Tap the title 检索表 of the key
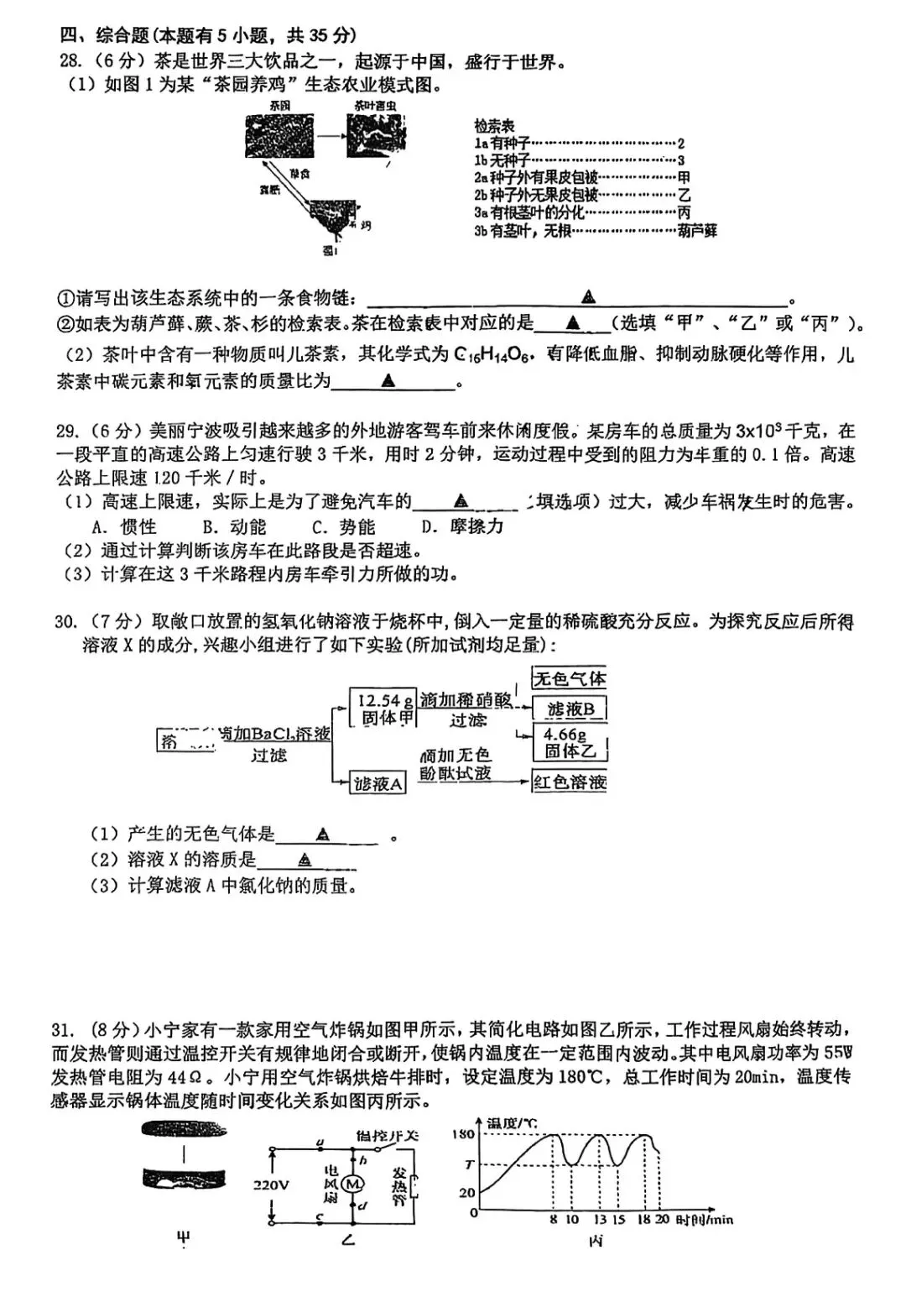click(494, 126)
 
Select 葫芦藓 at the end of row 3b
click(697, 231)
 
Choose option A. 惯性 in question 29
click(124, 526)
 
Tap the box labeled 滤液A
click(377, 784)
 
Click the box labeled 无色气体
click(569, 678)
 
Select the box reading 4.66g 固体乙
click(569, 744)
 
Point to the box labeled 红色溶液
click(569, 782)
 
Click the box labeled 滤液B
click(570, 710)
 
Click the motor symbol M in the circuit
click(353, 1184)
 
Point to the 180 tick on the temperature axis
click(464, 1134)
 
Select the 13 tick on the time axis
click(599, 1220)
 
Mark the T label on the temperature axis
click(470, 1164)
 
